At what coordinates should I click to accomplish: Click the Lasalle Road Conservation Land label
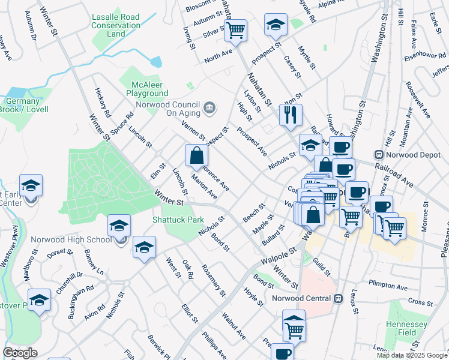pyautogui.click(x=116, y=26)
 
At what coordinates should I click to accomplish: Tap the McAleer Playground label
pyautogui.click(x=147, y=89)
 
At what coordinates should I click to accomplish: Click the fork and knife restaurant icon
pyautogui.click(x=291, y=114)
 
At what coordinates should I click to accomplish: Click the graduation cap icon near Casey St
pyautogui.click(x=275, y=25)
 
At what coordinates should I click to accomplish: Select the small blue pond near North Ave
pyautogui.click(x=156, y=61)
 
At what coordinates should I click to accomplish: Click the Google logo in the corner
pyautogui.click(x=20, y=353)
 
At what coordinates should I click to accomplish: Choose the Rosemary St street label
pyautogui.click(x=214, y=280)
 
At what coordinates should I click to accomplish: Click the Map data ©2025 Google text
pyautogui.click(x=411, y=355)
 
